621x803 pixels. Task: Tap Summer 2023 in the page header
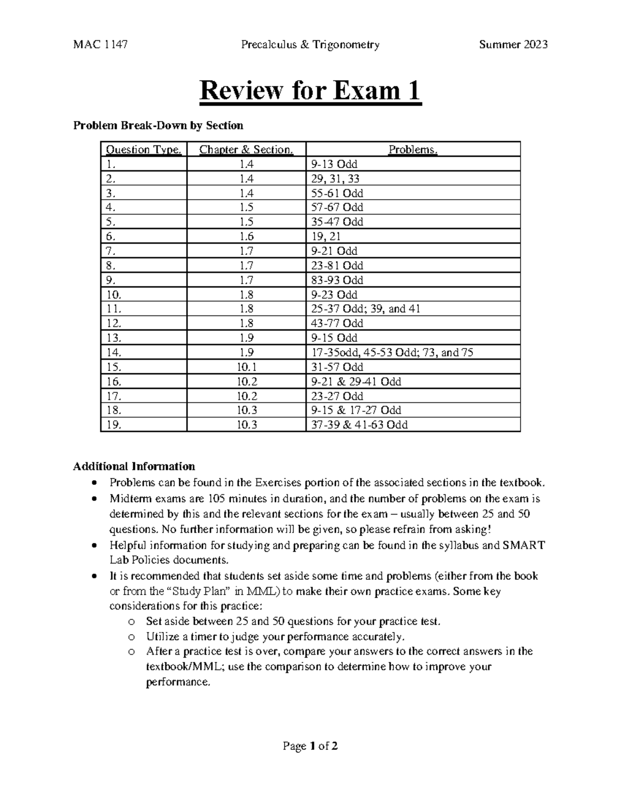(513, 45)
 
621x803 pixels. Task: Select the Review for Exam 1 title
(310, 92)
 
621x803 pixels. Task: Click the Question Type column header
(143, 150)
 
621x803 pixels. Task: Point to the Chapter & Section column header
(246, 150)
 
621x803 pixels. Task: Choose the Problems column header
(413, 150)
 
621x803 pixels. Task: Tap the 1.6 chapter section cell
(247, 237)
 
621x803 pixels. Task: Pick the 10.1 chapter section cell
(247, 367)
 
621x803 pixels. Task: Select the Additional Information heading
(134, 466)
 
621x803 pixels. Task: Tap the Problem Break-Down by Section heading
(158, 126)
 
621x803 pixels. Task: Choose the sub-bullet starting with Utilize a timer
(274, 637)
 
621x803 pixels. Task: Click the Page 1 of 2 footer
(310, 746)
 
